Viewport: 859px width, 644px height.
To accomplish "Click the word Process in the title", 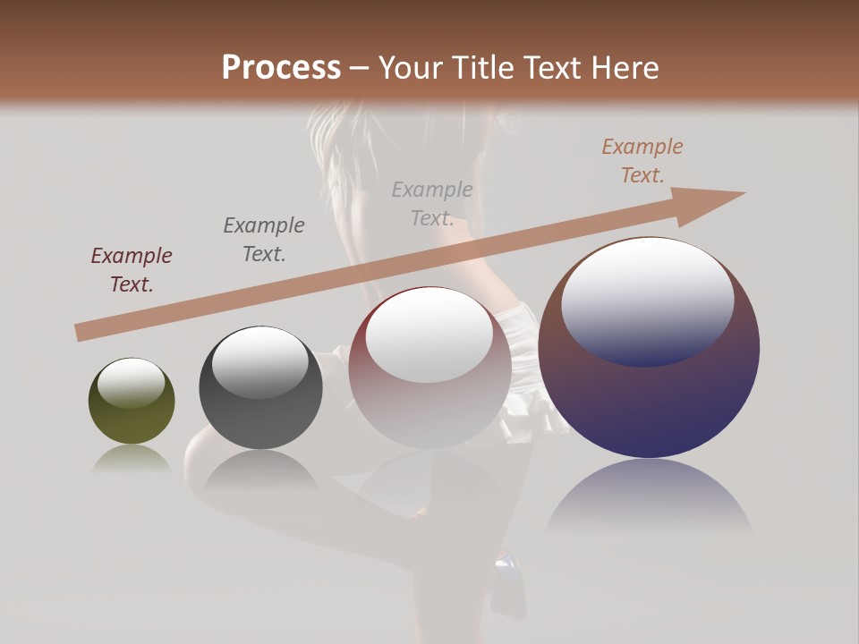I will coord(281,68).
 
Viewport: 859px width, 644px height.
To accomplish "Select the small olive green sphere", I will coord(132,402).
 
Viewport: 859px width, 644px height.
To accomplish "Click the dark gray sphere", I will coord(260,388).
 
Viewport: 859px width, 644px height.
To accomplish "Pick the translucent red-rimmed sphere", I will coord(429,368).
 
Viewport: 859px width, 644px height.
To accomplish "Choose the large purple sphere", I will coord(649,348).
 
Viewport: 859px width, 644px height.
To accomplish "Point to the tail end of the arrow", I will coord(81,332).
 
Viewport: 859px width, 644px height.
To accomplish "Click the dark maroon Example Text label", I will coord(132,269).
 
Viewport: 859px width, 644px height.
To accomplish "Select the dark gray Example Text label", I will coord(264,239).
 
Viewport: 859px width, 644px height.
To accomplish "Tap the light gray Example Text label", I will coord(432,203).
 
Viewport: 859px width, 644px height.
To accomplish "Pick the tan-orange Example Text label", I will coord(642,160).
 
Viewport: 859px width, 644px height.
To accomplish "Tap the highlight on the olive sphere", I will coord(132,383).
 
